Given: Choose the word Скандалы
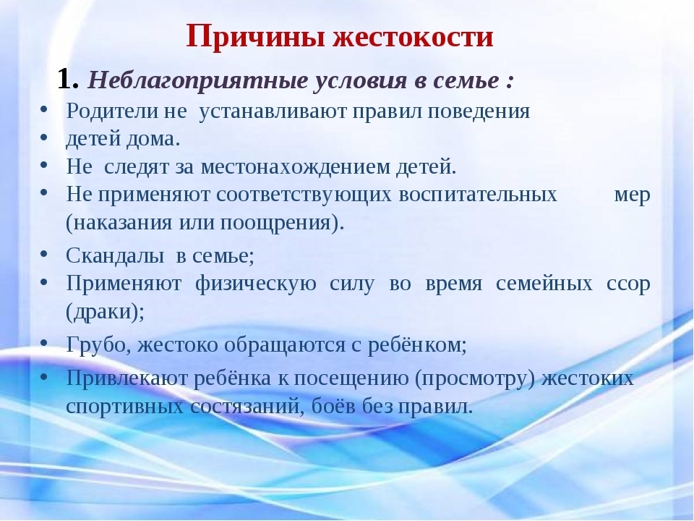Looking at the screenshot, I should coord(108,255).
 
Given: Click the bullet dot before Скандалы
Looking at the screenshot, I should coord(44,254).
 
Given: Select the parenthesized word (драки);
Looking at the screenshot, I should coord(105,310).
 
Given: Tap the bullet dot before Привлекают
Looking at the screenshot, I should coord(44,376).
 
